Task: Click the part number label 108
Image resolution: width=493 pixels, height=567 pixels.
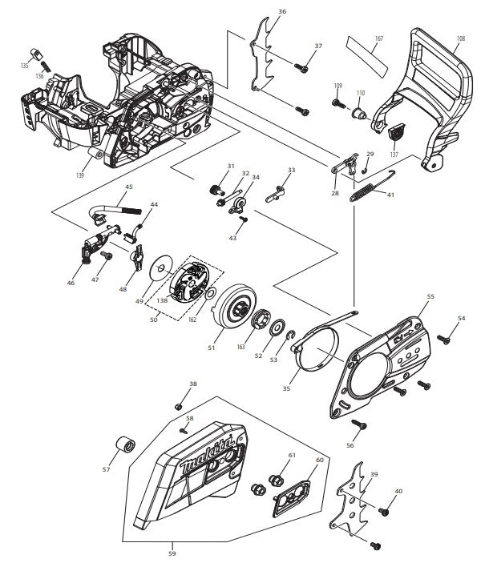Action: [460, 38]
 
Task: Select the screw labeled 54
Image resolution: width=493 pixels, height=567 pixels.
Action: [447, 340]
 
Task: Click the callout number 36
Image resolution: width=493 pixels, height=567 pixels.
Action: [281, 12]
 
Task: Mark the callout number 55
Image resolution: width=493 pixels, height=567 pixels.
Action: [430, 297]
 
